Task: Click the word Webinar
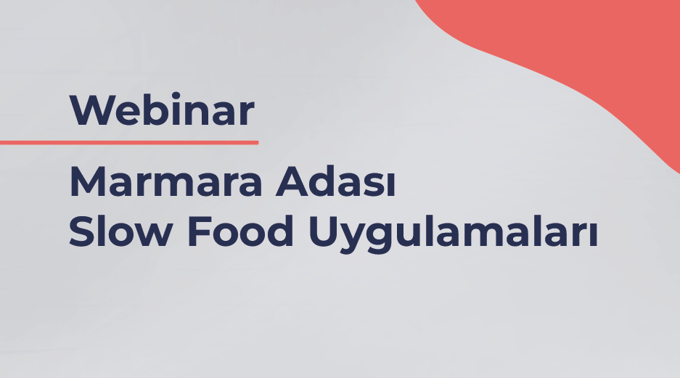coord(162,110)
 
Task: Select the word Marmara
coord(166,181)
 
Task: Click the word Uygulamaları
coord(453,234)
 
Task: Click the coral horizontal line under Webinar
coord(129,143)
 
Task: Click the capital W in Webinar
coord(89,110)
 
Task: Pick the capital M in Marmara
coord(86,181)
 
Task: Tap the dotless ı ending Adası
coord(391,186)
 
